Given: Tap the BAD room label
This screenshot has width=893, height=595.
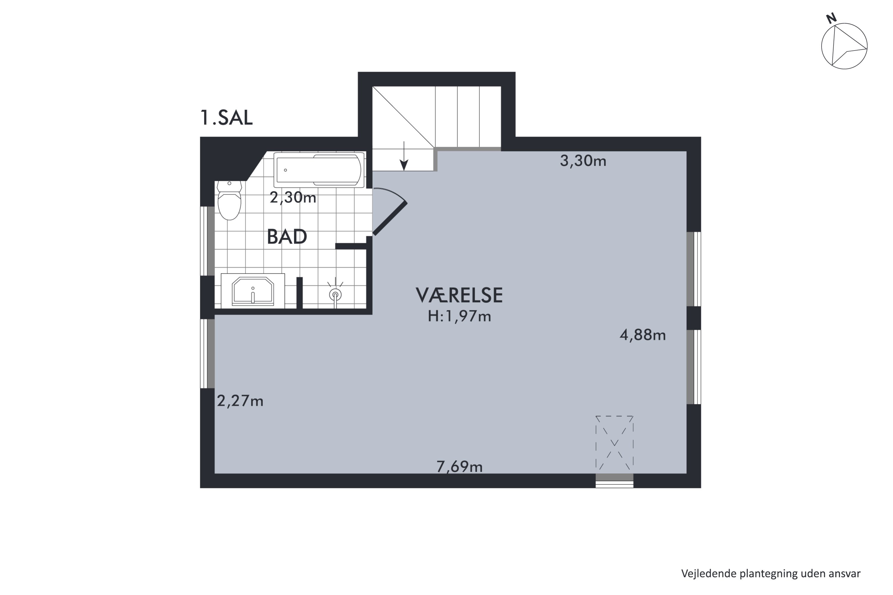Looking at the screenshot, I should click(x=287, y=237).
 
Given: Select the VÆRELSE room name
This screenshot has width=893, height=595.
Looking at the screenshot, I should click(x=459, y=295).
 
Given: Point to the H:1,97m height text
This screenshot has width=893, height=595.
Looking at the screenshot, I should click(x=459, y=317).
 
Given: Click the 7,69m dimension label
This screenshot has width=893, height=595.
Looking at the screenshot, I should click(x=459, y=467).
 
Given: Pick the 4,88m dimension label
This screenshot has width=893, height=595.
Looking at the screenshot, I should click(x=642, y=335).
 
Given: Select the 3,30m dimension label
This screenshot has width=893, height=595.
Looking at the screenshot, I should click(x=583, y=161).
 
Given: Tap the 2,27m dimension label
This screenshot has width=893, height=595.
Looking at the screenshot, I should click(x=240, y=401).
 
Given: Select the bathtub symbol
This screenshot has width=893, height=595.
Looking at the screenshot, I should click(x=319, y=170).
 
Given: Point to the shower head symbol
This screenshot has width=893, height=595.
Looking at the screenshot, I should click(x=335, y=295).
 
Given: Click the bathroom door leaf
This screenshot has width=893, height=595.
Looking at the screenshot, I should click(x=390, y=219).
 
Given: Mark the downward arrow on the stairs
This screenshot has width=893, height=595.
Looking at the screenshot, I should click(x=404, y=156).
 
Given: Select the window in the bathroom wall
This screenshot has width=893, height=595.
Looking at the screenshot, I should click(x=207, y=241).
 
